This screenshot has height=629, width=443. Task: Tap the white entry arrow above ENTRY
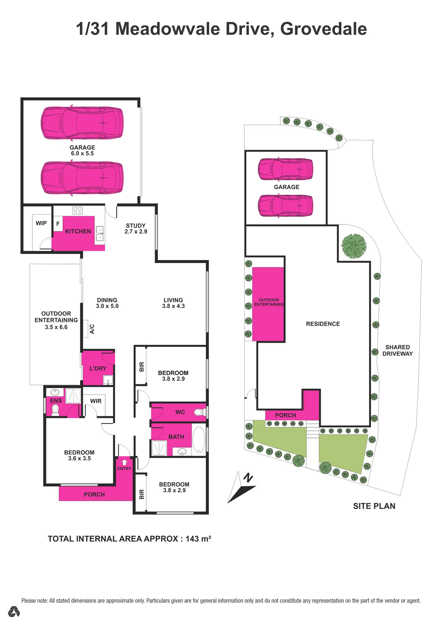click(124, 462)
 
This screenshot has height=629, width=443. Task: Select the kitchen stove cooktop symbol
click(78, 210)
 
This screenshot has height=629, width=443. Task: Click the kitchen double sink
click(100, 234)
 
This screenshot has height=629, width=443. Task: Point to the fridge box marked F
click(58, 224)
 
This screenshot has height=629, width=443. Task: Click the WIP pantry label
click(41, 223)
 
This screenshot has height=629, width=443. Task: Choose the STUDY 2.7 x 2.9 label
click(136, 228)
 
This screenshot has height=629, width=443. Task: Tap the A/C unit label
click(92, 329)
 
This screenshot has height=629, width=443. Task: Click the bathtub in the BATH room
click(199, 440)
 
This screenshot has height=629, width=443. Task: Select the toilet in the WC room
click(200, 412)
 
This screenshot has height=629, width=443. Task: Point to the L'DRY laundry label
click(98, 368)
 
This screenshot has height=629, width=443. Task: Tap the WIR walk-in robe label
click(96, 401)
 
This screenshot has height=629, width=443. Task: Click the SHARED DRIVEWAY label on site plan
click(398, 350)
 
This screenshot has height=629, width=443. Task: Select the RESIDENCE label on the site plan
click(323, 324)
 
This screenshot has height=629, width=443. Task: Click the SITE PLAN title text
click(374, 506)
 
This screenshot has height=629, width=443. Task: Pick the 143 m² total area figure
click(198, 538)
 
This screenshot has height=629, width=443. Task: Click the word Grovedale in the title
click(324, 29)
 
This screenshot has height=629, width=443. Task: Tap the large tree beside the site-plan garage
click(354, 246)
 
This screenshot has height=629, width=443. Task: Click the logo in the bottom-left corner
click(14, 611)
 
